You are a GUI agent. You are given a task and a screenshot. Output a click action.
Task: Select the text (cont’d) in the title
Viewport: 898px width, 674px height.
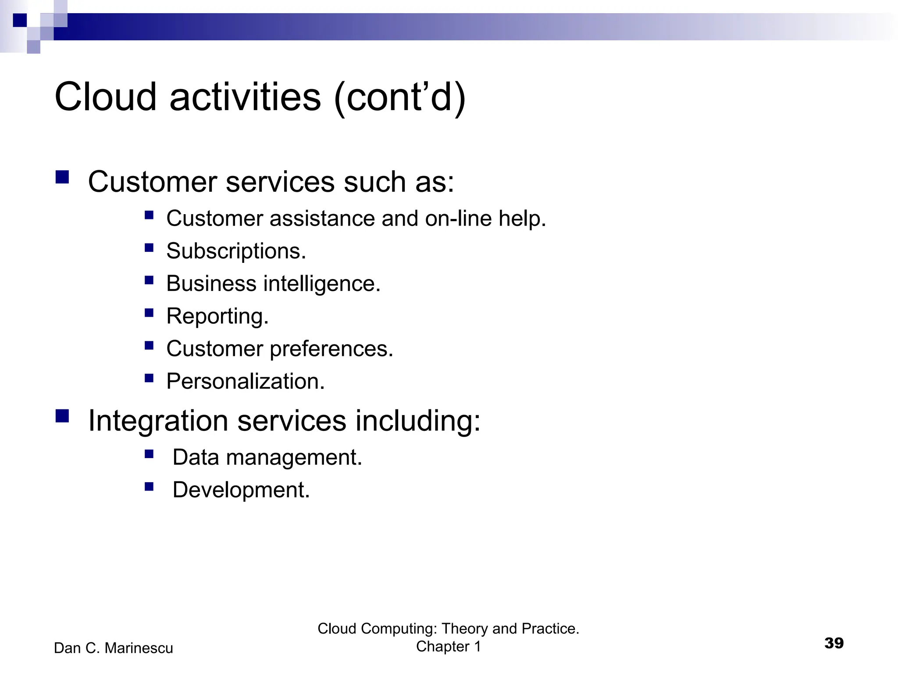click(399, 97)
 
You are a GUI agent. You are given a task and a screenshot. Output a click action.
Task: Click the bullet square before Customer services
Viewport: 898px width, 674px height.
click(62, 177)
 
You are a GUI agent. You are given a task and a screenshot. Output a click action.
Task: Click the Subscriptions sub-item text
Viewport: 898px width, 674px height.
click(236, 251)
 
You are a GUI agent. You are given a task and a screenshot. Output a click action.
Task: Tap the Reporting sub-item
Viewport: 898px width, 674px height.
click(217, 316)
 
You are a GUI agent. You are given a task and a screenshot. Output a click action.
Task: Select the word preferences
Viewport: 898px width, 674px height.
click(331, 349)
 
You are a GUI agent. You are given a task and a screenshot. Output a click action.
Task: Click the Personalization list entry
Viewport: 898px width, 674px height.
click(246, 381)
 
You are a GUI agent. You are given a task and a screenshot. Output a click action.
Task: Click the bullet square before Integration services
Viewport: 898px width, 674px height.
click(62, 416)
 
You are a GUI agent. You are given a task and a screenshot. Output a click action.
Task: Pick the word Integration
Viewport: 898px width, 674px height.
click(158, 421)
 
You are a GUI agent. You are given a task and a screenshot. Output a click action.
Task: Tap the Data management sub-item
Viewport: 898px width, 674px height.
click(267, 458)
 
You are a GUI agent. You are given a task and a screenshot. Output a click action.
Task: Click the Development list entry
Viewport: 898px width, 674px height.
click(241, 490)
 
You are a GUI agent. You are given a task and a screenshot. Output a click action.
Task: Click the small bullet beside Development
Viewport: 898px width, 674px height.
click(149, 486)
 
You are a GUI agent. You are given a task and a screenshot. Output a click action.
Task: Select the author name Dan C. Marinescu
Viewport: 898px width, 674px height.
click(114, 648)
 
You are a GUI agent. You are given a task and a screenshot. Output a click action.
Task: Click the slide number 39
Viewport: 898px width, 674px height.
click(834, 643)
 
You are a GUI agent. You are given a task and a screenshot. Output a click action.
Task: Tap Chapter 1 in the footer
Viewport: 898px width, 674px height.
click(448, 647)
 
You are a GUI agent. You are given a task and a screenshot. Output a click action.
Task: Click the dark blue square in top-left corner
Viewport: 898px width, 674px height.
click(20, 20)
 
